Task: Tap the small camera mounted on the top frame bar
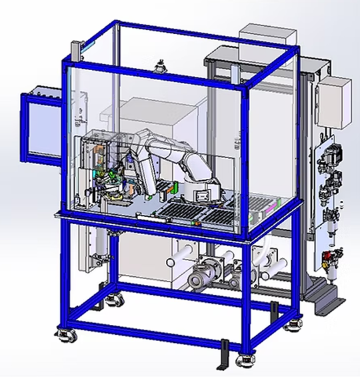pyautogui.click(x=160, y=67)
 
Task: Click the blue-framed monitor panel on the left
pyautogui.click(x=41, y=127)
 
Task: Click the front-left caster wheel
pyautogui.click(x=66, y=334)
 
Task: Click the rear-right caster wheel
pyautogui.click(x=291, y=325)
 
